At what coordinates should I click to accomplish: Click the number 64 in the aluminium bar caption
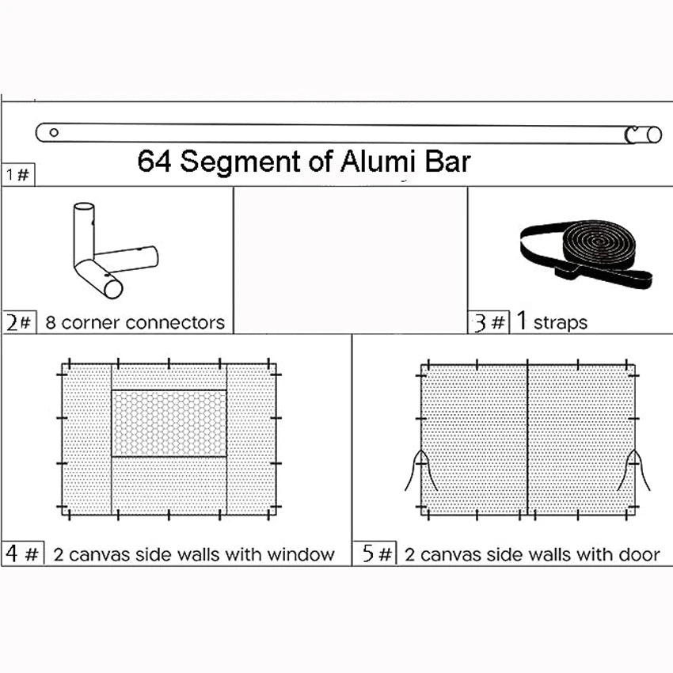click(x=154, y=162)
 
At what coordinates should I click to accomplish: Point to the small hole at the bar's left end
click(x=54, y=132)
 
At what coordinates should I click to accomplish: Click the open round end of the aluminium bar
click(x=654, y=135)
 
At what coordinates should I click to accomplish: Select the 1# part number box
click(x=18, y=175)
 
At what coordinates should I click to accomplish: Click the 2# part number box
click(x=19, y=322)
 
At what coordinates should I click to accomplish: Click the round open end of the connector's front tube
click(x=113, y=289)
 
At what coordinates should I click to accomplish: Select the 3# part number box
click(x=489, y=322)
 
